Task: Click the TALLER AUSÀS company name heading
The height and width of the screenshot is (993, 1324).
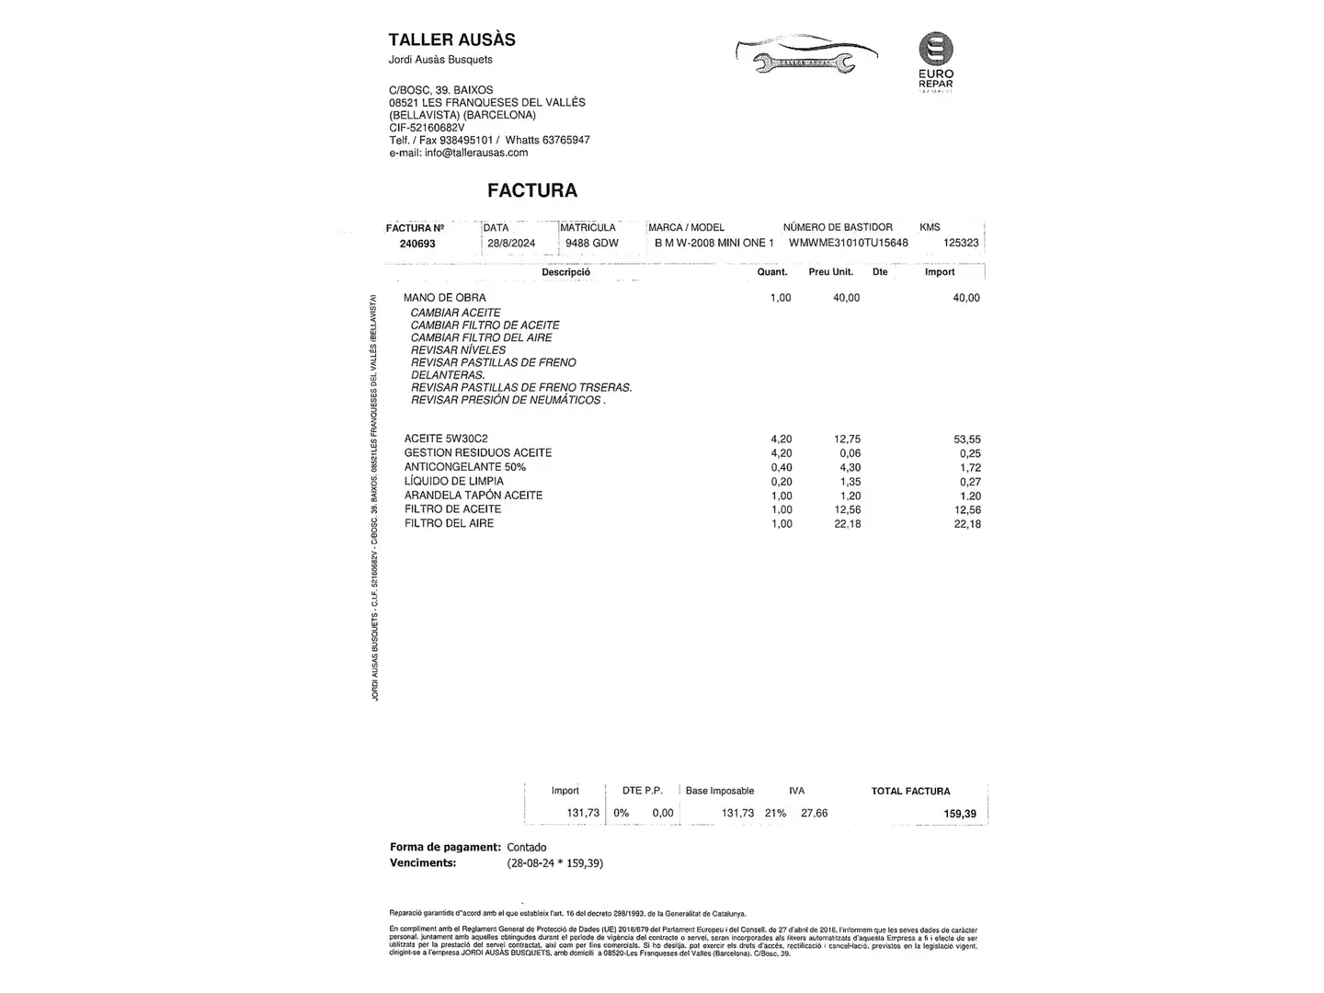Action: (x=451, y=40)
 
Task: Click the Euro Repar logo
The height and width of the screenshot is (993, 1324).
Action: (x=936, y=61)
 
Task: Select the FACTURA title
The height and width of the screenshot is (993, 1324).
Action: (x=532, y=190)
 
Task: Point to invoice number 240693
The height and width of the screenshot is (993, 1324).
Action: (x=417, y=244)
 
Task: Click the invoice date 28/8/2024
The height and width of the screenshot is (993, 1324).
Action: (x=511, y=244)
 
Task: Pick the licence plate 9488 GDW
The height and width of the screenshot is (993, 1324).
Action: (x=592, y=244)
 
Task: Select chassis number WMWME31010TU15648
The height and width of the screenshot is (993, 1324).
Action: (x=848, y=243)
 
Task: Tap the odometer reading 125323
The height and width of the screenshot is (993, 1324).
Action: (x=961, y=243)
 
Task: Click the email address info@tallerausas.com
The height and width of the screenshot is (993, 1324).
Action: (x=476, y=153)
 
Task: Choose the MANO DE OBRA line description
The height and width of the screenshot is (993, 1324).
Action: (x=445, y=298)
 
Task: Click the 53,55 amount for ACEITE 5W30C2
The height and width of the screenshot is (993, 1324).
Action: (x=966, y=439)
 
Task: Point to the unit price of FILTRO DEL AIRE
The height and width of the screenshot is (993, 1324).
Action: (x=847, y=524)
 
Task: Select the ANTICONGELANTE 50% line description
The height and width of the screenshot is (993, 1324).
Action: (x=465, y=467)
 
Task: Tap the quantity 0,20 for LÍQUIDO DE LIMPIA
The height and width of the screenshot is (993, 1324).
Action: (x=781, y=482)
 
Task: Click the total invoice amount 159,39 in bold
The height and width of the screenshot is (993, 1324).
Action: (x=960, y=814)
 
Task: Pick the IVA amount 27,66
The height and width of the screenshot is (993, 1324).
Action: (x=814, y=813)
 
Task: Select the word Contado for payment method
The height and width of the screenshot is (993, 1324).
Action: (x=527, y=848)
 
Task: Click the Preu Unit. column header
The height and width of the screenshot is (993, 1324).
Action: (x=831, y=272)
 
